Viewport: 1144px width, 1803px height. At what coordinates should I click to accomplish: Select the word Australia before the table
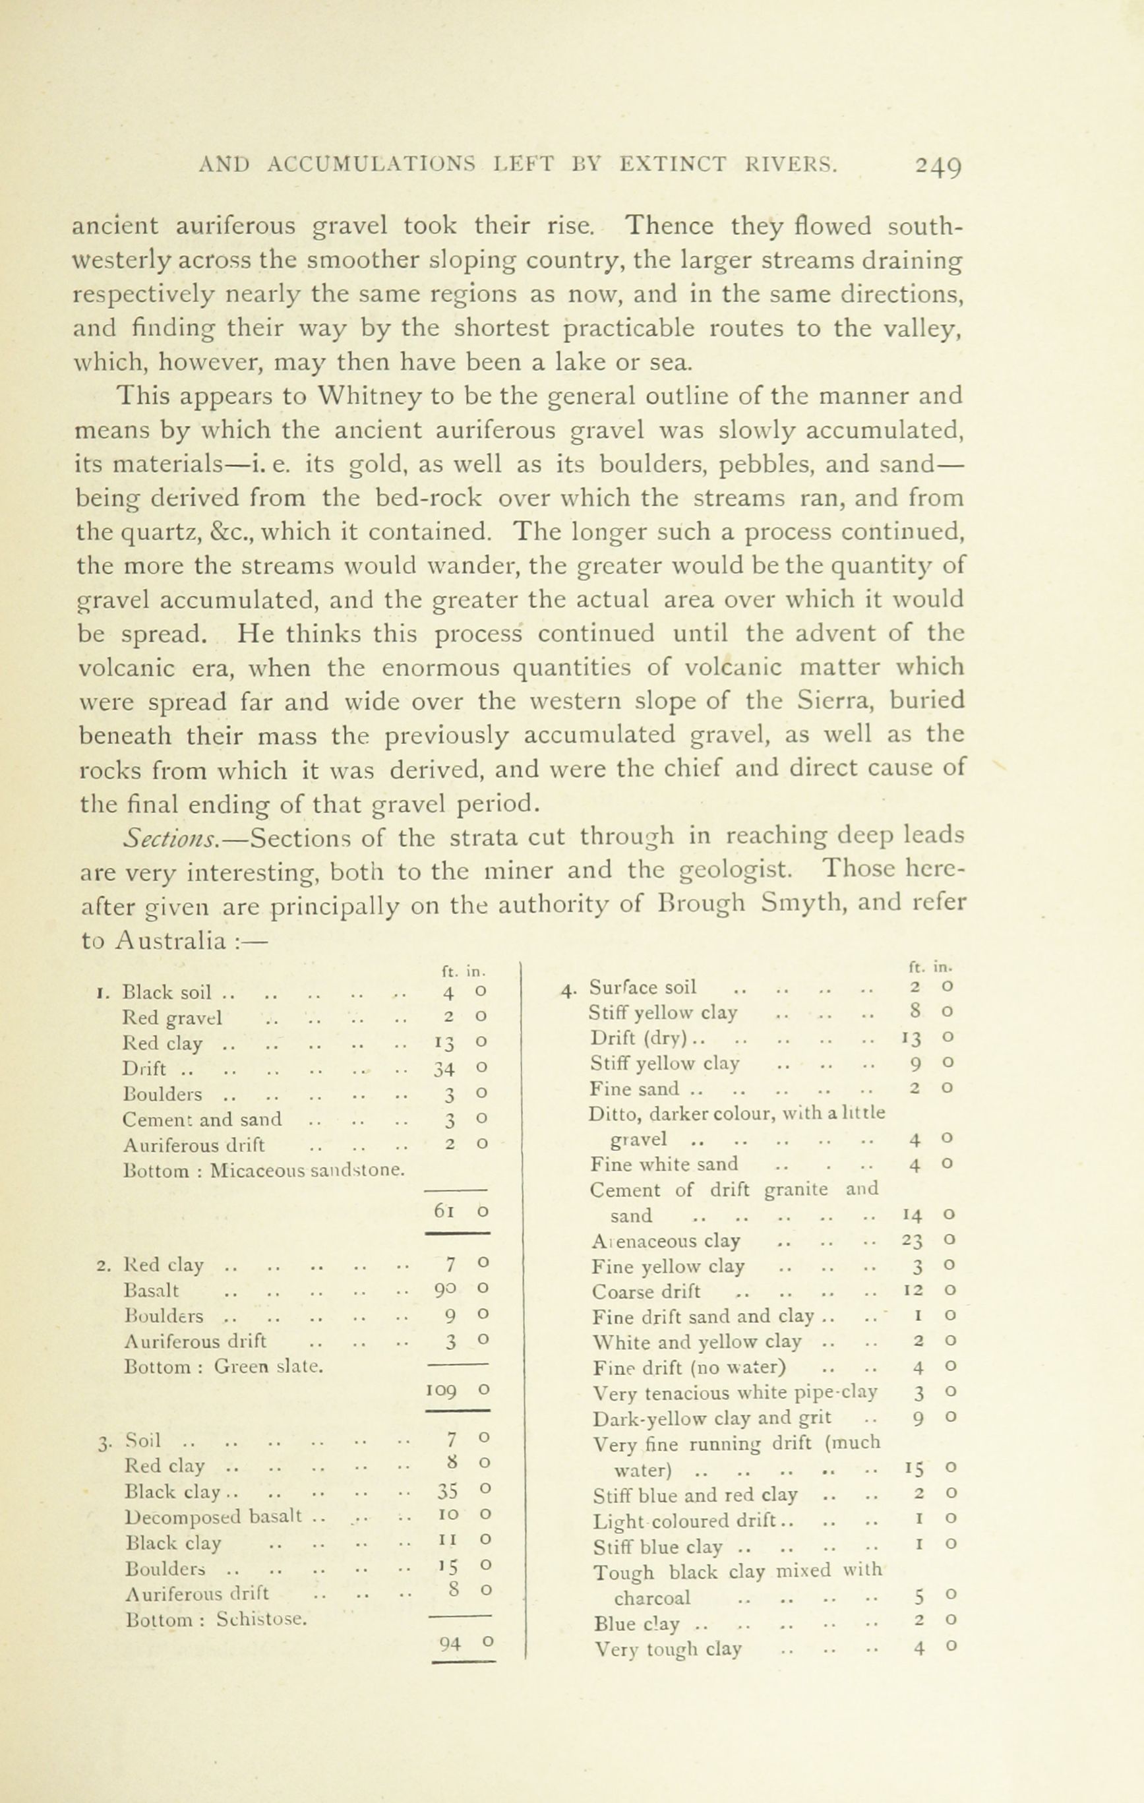pyautogui.click(x=171, y=940)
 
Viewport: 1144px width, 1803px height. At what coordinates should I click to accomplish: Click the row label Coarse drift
pyautogui.click(x=646, y=1292)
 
